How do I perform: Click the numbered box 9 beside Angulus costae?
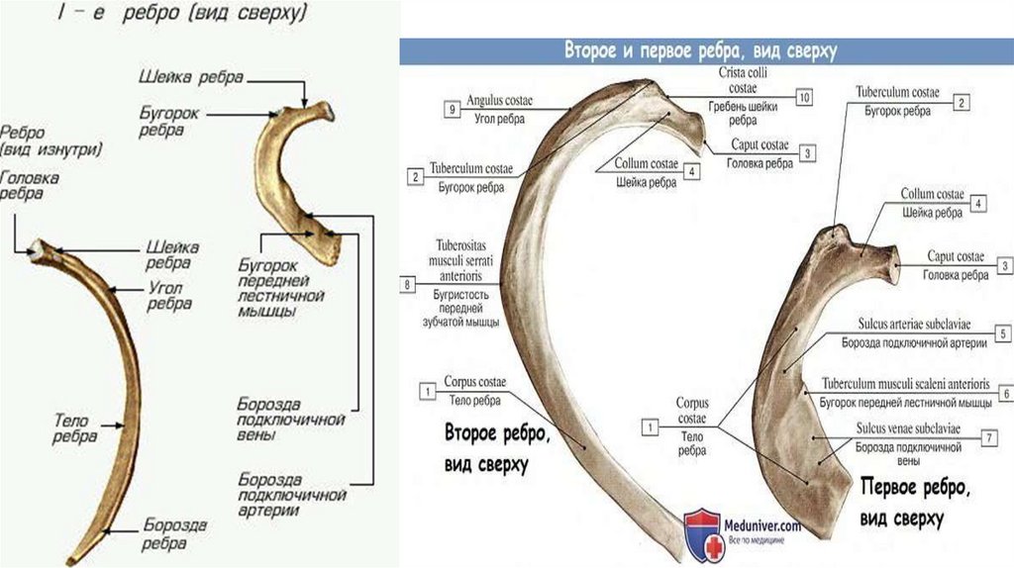(x=452, y=111)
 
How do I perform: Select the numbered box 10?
(x=803, y=97)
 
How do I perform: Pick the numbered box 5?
(x=1003, y=334)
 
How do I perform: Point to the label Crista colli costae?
(x=743, y=80)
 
